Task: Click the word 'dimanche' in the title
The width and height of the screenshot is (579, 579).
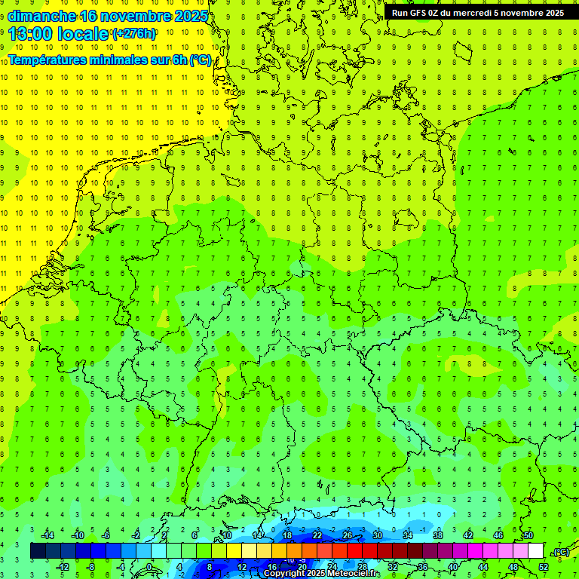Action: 42,16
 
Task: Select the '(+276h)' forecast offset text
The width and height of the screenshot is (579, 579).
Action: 134,34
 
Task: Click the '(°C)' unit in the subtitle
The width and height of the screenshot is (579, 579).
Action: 200,60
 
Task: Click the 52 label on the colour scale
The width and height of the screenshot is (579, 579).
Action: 543,567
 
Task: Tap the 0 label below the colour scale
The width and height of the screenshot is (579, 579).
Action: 149,567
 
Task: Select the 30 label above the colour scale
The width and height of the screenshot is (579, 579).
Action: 377,535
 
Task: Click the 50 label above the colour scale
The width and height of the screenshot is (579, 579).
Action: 528,535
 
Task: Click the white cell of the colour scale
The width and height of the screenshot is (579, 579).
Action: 535,551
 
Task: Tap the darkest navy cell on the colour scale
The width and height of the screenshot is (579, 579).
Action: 38,551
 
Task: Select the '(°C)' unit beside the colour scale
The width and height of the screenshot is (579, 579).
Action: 561,552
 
